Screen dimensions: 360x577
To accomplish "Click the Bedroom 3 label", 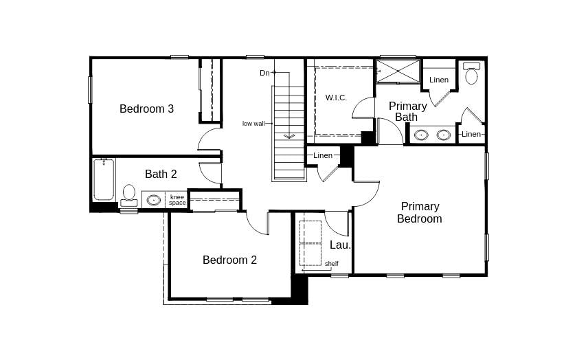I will [x=146, y=109].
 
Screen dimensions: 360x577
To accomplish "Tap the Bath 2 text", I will [x=161, y=174].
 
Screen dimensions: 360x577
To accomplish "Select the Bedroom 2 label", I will [x=229, y=260].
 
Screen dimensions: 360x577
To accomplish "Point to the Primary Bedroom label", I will [x=420, y=212].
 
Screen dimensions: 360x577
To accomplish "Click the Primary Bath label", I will [x=407, y=111].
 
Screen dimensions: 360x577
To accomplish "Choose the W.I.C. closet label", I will [x=336, y=98].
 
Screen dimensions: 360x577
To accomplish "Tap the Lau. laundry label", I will [x=340, y=245].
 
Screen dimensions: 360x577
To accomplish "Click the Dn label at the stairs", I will [x=264, y=73].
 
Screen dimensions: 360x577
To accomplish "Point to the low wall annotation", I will [x=253, y=124].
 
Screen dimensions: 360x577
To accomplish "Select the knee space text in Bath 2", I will [x=177, y=200].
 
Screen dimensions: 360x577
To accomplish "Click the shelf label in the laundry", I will [x=332, y=263].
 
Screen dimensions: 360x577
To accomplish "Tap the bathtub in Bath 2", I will [x=104, y=179].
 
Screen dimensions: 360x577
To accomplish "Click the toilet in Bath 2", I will [x=129, y=194].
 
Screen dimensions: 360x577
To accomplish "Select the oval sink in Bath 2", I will [x=153, y=200].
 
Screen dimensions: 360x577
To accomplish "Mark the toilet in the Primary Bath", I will [x=471, y=74].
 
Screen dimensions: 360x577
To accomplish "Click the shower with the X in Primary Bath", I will [x=398, y=71].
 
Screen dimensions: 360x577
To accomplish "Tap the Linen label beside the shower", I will [x=439, y=80].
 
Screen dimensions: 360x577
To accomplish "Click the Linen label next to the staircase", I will [x=323, y=155].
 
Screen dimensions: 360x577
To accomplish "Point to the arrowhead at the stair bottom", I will [x=289, y=136].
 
